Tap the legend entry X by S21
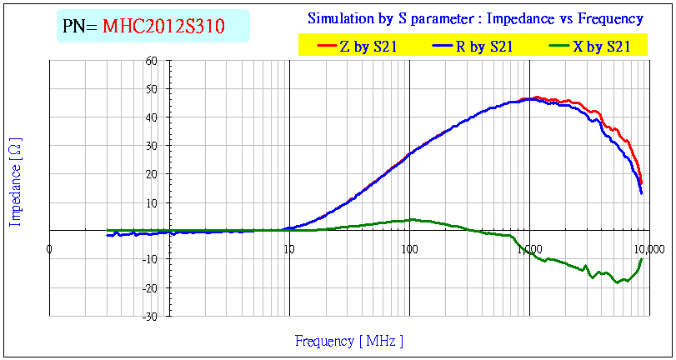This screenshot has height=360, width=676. click(x=601, y=47)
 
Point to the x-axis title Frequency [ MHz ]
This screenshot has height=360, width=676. click(x=349, y=341)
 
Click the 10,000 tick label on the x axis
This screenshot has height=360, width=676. click(x=647, y=247)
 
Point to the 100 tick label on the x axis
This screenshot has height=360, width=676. click(x=408, y=247)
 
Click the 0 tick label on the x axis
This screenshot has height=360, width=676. click(x=49, y=247)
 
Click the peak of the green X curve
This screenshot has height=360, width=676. click(x=411, y=219)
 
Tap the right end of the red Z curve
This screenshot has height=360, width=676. click(x=642, y=182)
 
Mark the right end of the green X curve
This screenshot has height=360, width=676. click(x=642, y=259)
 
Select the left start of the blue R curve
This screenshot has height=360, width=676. click(x=108, y=236)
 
